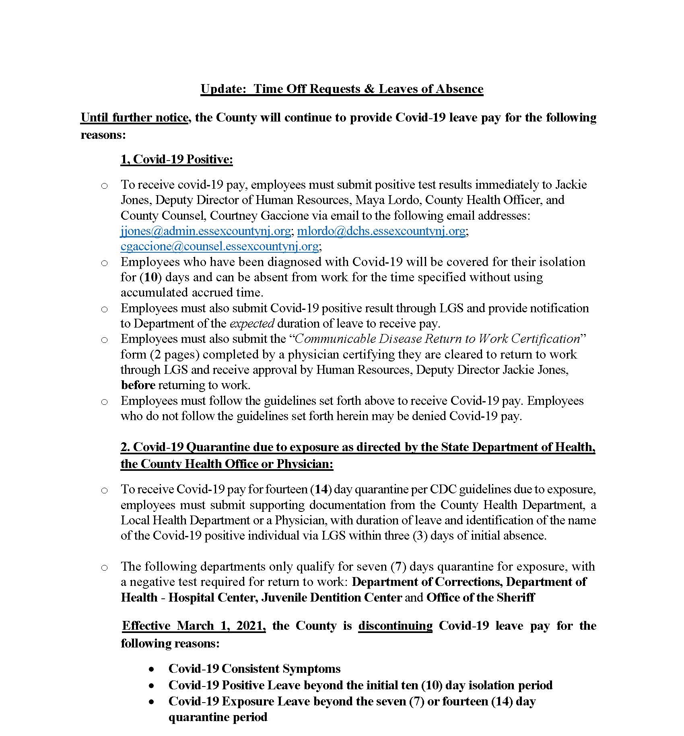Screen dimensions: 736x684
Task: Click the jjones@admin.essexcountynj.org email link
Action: point(206,231)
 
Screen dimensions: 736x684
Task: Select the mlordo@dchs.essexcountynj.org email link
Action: point(381,231)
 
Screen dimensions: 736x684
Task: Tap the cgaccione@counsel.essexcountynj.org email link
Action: point(219,246)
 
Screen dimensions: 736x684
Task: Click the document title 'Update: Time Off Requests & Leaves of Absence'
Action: point(342,89)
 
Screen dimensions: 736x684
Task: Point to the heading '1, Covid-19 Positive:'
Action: point(177,159)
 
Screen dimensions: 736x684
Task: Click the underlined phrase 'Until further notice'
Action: point(134,118)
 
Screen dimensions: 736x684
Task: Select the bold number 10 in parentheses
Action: point(150,277)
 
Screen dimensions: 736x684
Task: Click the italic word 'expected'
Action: point(252,324)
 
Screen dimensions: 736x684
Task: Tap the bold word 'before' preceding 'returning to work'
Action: point(138,385)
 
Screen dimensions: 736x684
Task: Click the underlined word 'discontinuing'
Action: point(395,626)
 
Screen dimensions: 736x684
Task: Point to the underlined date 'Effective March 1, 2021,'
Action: point(194,626)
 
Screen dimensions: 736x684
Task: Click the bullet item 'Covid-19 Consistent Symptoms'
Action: point(254,668)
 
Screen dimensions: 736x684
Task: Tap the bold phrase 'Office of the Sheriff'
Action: point(480,597)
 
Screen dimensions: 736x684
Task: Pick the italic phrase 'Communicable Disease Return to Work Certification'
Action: point(437,339)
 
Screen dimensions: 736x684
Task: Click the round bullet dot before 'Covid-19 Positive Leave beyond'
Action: point(151,685)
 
